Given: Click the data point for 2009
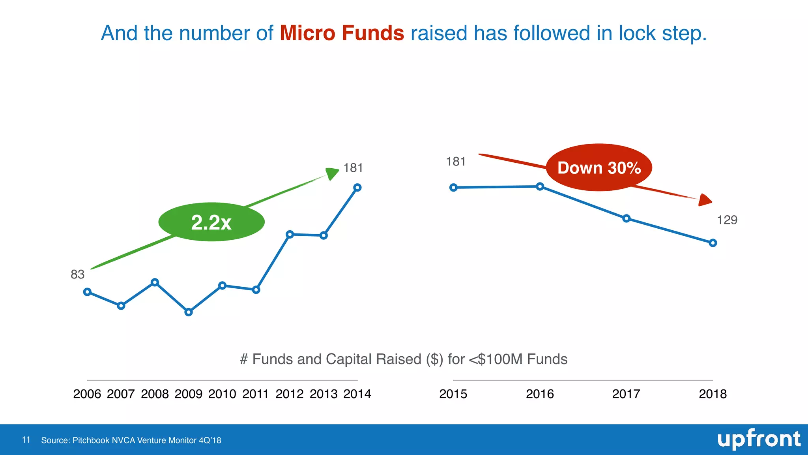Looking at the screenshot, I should (189, 312).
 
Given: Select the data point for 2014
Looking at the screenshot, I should (357, 188).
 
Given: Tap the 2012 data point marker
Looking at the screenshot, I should (290, 234).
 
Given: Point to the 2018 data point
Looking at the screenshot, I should (713, 243).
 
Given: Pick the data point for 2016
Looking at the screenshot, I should (540, 186).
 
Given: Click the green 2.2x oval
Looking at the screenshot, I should (211, 222).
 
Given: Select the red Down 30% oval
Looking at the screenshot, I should (599, 167).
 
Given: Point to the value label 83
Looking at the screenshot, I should (78, 275).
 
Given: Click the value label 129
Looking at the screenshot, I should (727, 220).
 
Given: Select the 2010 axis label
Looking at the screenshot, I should (222, 394).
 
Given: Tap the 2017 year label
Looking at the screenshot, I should (626, 394).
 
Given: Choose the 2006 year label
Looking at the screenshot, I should (87, 394).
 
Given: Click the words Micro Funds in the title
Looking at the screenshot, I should (342, 33).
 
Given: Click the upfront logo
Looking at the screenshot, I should (758, 439).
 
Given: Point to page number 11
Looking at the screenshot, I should (26, 440).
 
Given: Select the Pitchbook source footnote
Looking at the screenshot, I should (131, 440).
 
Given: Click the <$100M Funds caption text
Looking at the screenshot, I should (518, 359).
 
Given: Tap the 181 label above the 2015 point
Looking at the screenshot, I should (456, 162).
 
